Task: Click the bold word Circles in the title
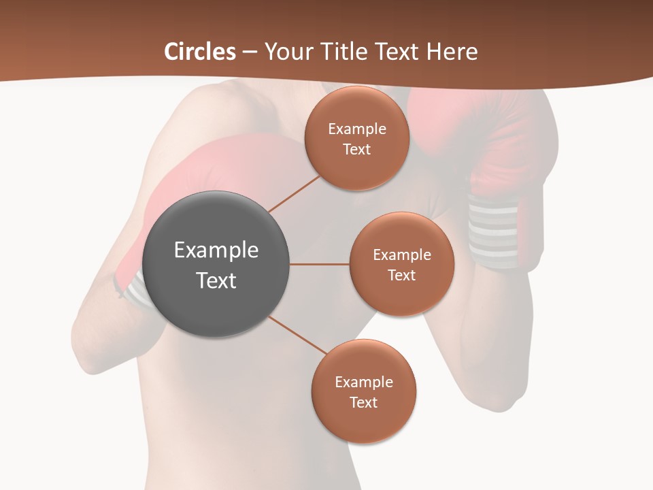[200, 52]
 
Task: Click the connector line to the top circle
[295, 193]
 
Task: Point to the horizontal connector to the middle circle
[320, 264]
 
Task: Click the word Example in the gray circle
[216, 250]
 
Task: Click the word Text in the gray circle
[216, 280]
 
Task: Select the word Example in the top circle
[357, 129]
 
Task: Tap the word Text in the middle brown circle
[401, 275]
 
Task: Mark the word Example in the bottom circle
[364, 382]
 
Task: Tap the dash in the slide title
[250, 52]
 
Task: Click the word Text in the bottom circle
[364, 402]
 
